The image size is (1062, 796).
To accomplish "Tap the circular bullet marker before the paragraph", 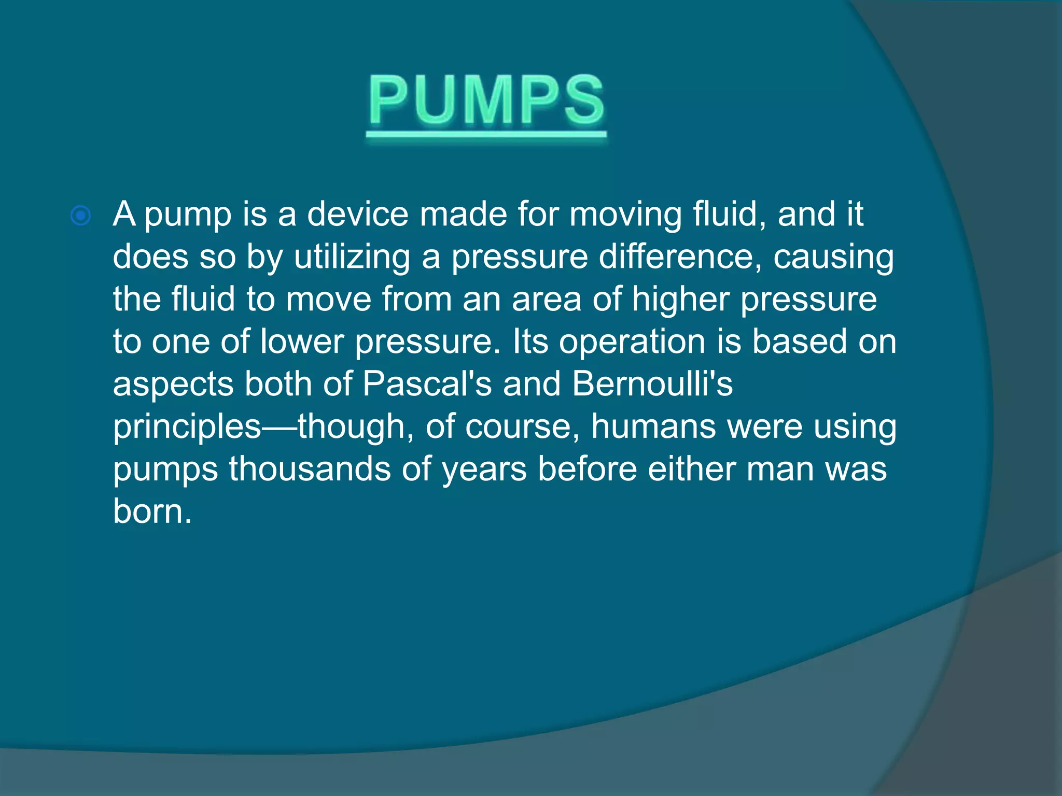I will click(x=81, y=216).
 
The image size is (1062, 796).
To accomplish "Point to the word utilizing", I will click(x=352, y=258).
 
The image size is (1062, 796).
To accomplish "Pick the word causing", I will click(x=833, y=258).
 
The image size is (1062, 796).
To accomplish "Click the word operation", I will click(x=632, y=343).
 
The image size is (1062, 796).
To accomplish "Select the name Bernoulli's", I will click(x=652, y=384).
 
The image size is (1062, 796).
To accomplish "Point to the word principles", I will click(x=187, y=428).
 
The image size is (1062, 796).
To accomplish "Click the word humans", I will click(x=653, y=427).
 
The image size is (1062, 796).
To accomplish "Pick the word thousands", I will click(x=310, y=469).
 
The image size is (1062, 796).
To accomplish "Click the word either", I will click(x=692, y=469).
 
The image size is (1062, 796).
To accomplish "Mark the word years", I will click(x=484, y=470).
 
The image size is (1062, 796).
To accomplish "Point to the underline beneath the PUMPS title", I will click(x=486, y=134).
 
